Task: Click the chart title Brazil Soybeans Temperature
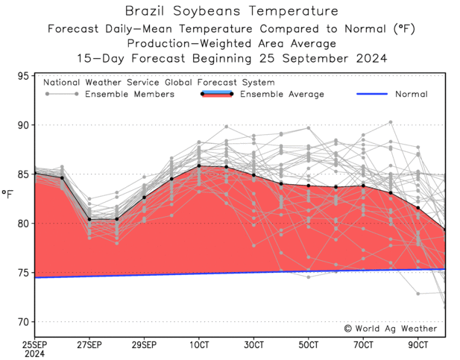pyautogui.click(x=230, y=11)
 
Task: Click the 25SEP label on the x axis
pyautogui.click(x=34, y=345)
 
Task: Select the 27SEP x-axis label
pyautogui.click(x=89, y=345)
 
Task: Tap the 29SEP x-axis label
pyautogui.click(x=144, y=345)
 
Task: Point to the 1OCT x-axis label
pyautogui.click(x=199, y=345)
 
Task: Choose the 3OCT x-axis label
pyautogui.click(x=254, y=345)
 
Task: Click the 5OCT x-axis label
pyautogui.click(x=309, y=345)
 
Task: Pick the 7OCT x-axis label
pyautogui.click(x=364, y=345)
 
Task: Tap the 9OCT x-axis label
pyautogui.click(x=418, y=345)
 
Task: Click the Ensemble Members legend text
pyautogui.click(x=129, y=95)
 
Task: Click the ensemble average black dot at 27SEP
pyautogui.click(x=89, y=219)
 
